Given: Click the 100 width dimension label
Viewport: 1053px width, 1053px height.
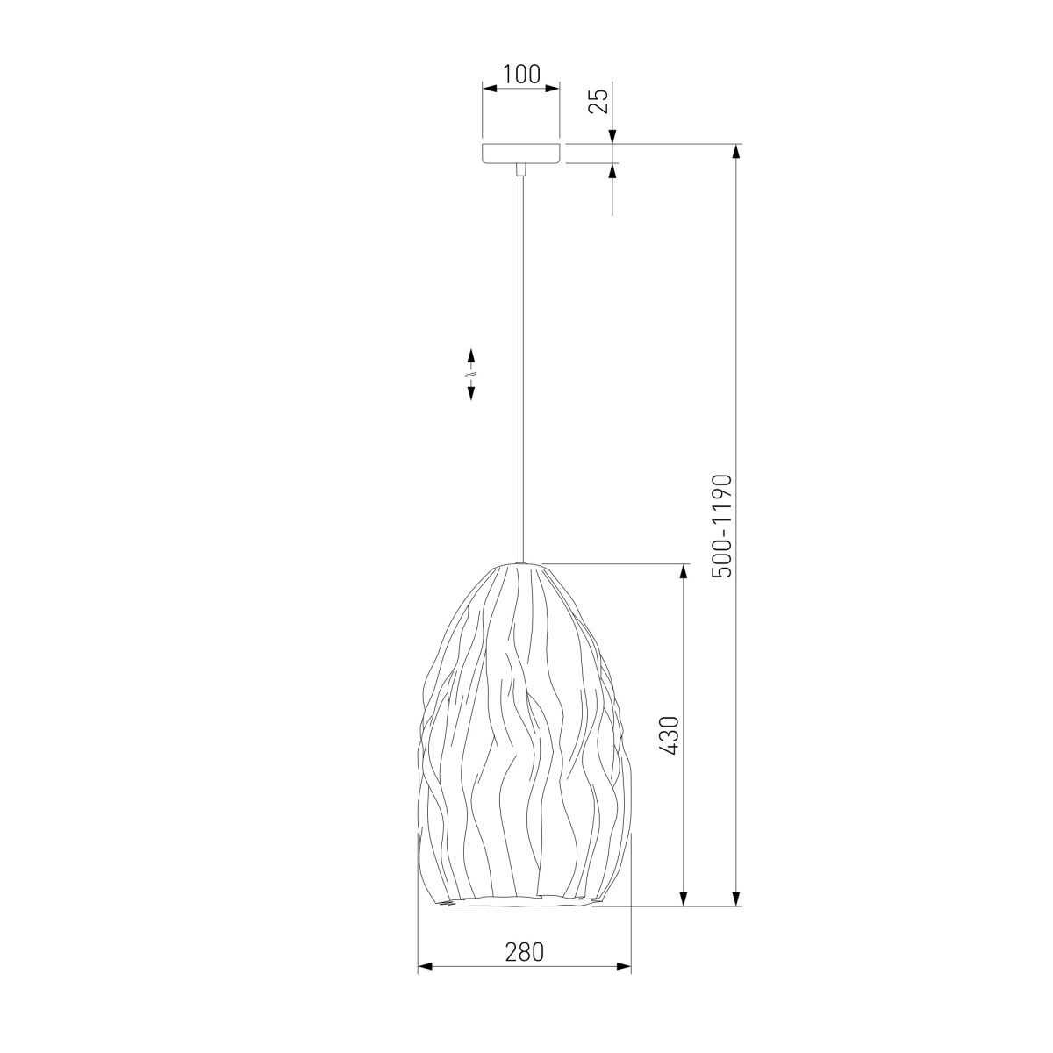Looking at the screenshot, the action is tap(520, 75).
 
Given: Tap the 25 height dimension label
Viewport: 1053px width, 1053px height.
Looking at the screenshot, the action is tap(598, 101).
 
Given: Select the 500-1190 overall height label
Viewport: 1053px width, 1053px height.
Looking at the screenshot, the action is tap(721, 526).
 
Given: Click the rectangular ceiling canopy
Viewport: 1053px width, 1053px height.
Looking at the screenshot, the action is tap(520, 154).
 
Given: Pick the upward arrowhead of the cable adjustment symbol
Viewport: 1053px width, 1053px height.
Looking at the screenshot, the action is tap(470, 356).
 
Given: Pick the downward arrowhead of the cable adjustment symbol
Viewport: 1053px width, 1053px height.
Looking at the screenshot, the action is tap(470, 392).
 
